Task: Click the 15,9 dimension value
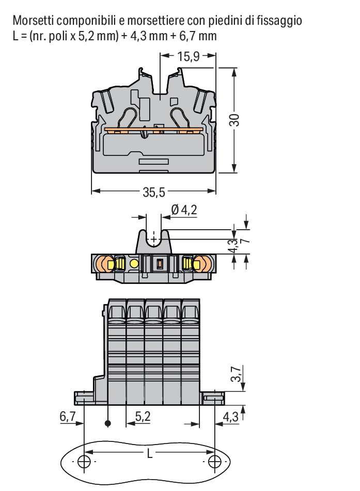(x=189, y=57)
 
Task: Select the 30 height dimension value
(x=234, y=120)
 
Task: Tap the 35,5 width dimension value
(x=153, y=192)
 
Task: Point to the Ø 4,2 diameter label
(x=184, y=210)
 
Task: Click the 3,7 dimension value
(x=237, y=374)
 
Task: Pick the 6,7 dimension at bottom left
(x=68, y=417)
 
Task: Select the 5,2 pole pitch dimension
(x=143, y=417)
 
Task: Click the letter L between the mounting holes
(x=150, y=453)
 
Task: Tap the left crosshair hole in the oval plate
(x=84, y=462)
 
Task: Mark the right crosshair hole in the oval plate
(x=215, y=462)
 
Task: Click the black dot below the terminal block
(x=108, y=424)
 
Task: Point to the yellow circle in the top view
(x=134, y=264)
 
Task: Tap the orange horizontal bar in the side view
(x=154, y=129)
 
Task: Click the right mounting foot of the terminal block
(x=212, y=398)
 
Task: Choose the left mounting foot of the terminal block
(x=84, y=398)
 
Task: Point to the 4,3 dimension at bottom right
(x=230, y=417)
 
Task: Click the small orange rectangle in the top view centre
(x=160, y=264)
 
